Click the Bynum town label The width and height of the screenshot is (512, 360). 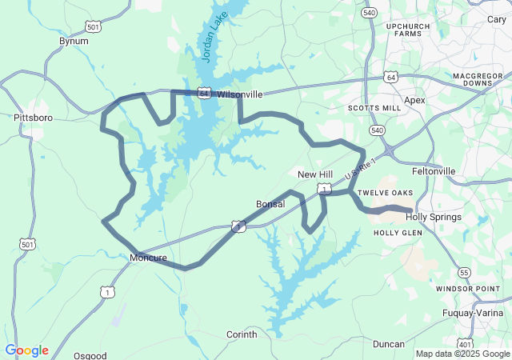[x=74, y=40]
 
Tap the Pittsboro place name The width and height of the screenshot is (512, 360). [x=33, y=118]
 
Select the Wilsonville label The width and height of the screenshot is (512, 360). [x=239, y=94]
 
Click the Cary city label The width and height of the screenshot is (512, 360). [x=496, y=19]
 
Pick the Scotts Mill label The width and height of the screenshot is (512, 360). [x=369, y=108]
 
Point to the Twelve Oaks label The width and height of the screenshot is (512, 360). [x=385, y=193]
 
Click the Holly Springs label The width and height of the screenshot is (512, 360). [x=434, y=217]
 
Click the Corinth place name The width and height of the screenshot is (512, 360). [x=242, y=334]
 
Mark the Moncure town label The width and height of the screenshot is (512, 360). [x=148, y=258]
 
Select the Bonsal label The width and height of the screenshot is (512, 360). [x=270, y=204]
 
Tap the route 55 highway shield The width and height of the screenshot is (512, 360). [x=465, y=273]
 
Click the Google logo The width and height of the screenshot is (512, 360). [x=26, y=350]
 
